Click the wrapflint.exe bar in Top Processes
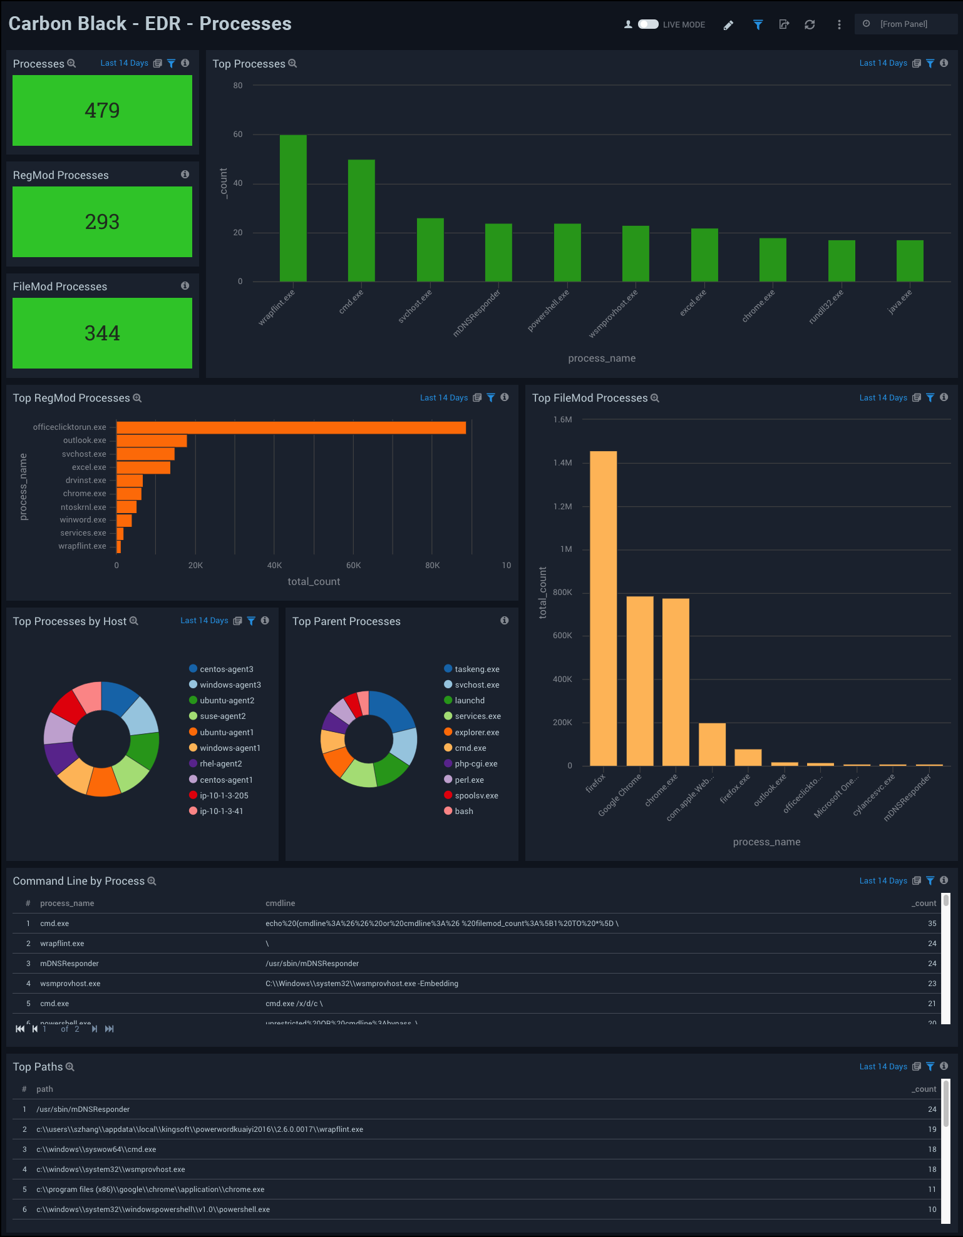point(293,208)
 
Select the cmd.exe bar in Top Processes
point(361,220)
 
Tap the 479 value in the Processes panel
point(102,111)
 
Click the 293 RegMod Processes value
point(102,222)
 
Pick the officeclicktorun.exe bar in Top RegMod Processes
point(291,427)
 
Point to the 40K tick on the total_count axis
point(274,566)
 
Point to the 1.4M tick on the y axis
point(562,463)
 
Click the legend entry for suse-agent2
point(222,716)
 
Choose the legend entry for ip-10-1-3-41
point(221,812)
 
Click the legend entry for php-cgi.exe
point(476,764)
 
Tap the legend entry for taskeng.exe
point(476,669)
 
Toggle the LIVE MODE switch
point(648,24)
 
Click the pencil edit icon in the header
point(728,25)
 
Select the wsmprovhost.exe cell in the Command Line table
point(70,984)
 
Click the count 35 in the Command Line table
point(932,924)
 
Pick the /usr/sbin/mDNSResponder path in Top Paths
point(83,1109)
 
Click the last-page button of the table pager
point(110,1029)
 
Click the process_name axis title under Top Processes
point(602,359)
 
